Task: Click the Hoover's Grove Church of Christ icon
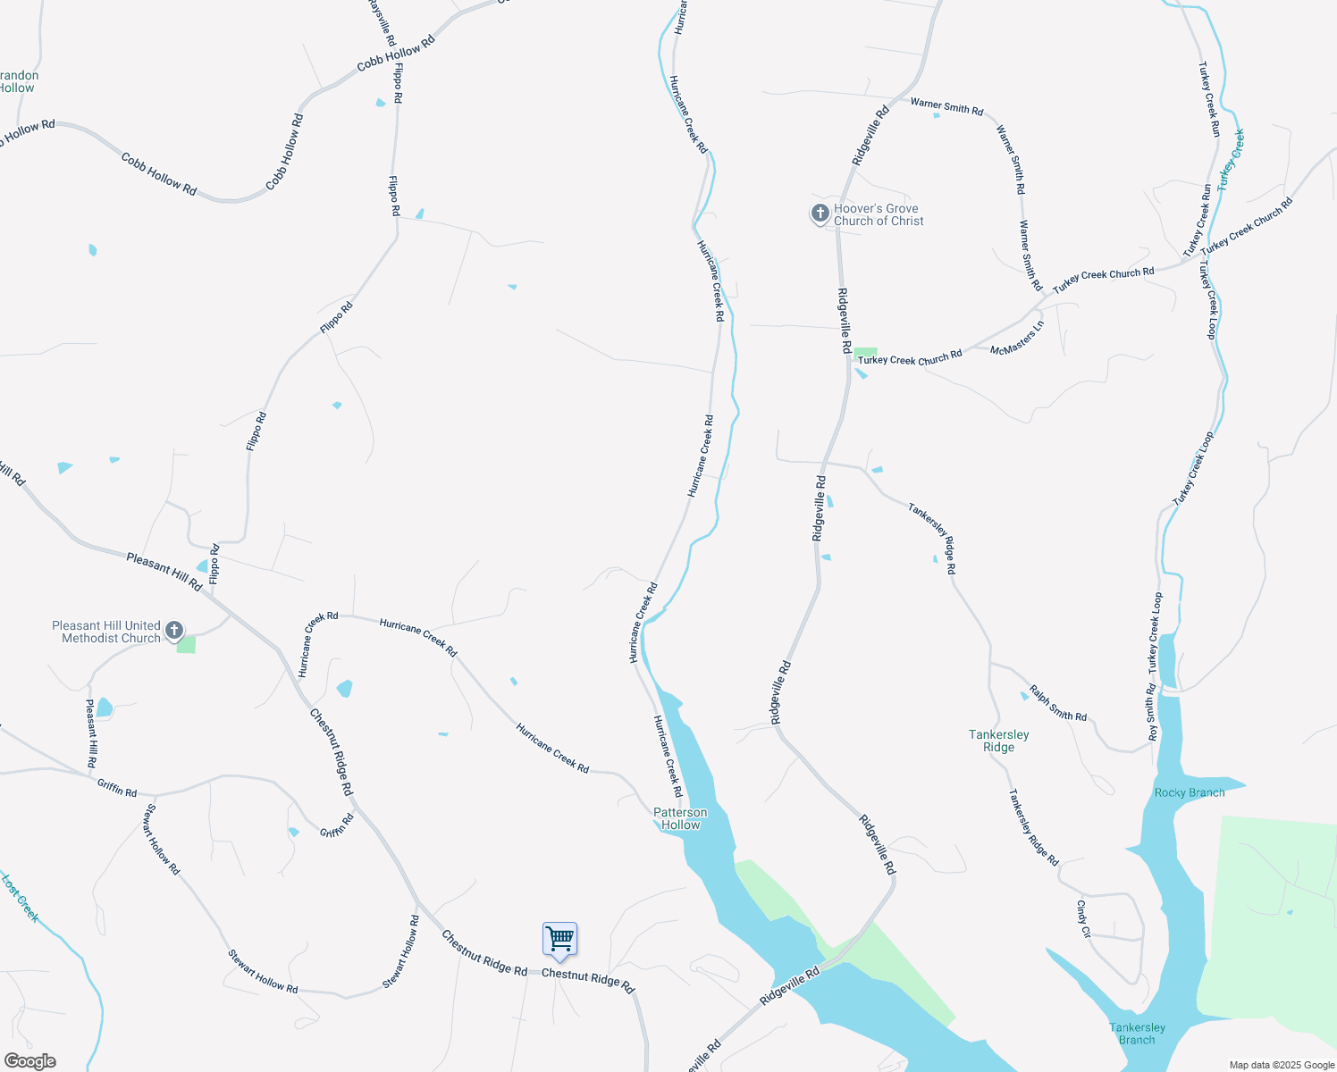point(820,214)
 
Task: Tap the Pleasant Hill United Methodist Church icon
point(175,630)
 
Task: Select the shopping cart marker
point(559,940)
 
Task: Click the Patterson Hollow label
point(680,818)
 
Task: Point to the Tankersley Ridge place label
point(998,741)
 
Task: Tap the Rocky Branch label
point(1189,792)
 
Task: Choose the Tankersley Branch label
point(1137,1034)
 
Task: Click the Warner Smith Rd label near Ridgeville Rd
point(946,107)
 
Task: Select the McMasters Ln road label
point(1017,339)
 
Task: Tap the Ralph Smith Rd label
point(1058,703)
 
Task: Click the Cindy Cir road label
point(1083,918)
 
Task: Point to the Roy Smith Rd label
point(1153,712)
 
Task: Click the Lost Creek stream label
point(20,898)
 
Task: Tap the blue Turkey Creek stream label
point(1231,158)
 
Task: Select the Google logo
point(29,1060)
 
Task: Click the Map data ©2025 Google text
point(1282,1065)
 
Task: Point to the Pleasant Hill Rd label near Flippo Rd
point(164,571)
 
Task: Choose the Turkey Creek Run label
point(1209,98)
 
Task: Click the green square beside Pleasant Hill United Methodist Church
point(186,644)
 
